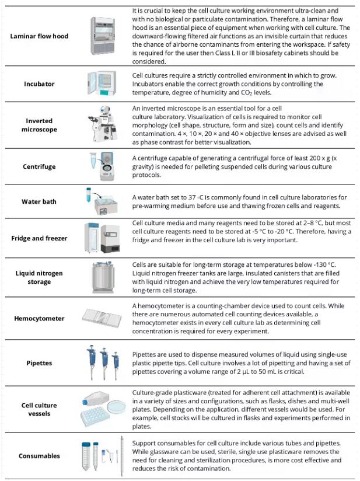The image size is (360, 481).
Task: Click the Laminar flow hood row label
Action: [39, 36]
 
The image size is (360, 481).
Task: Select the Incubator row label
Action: [39, 84]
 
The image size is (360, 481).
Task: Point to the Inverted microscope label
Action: [39, 125]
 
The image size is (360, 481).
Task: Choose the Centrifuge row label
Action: [39, 167]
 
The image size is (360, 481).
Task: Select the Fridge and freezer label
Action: [39, 238]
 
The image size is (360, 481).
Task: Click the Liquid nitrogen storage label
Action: [39, 277]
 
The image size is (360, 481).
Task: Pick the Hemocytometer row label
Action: [39, 319]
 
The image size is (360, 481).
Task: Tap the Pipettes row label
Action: [39, 363]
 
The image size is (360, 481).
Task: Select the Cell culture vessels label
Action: [39, 409]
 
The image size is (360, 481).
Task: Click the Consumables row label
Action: [39, 456]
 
